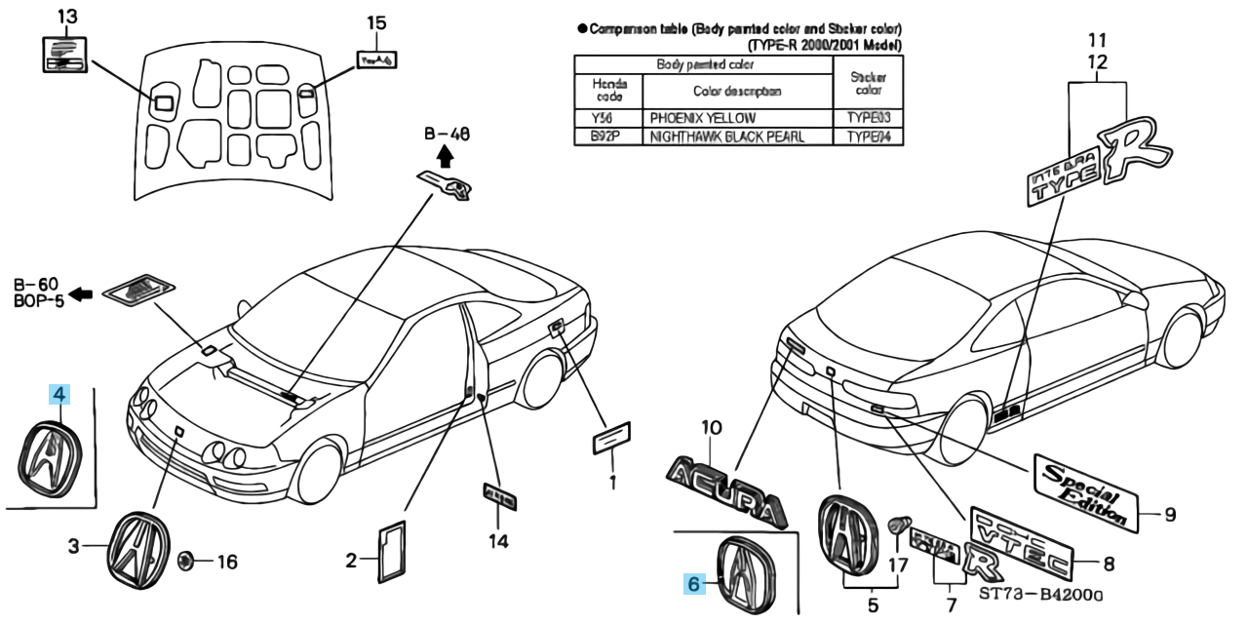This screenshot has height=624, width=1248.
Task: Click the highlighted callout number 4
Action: pyautogui.click(x=60, y=395)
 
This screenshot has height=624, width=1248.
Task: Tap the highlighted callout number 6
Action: pyautogui.click(x=694, y=584)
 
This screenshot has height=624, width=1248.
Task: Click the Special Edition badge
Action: pyautogui.click(x=1085, y=490)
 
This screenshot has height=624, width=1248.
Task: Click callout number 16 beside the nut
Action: pyautogui.click(x=225, y=562)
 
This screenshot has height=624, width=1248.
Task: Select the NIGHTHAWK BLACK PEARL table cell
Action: pyautogui.click(x=727, y=137)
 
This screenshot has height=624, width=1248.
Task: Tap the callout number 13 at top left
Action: pyautogui.click(x=66, y=17)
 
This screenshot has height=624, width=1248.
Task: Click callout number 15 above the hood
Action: pyautogui.click(x=376, y=22)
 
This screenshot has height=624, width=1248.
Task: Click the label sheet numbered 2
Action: pyautogui.click(x=394, y=553)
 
